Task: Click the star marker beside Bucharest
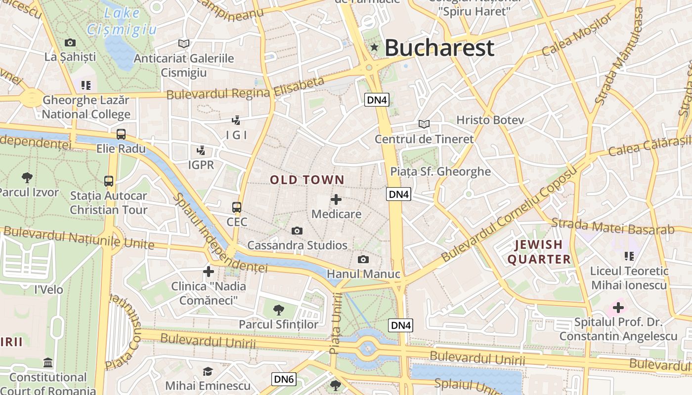[374, 47]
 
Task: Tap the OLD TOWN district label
[307, 180]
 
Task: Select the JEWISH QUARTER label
[539, 252]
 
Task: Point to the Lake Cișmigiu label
[122, 22]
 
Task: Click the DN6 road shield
[284, 379]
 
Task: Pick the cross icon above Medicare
[336, 199]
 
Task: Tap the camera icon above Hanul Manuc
[363, 259]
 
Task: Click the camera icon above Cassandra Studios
[297, 231]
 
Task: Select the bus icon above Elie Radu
[121, 134]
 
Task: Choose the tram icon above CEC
[237, 207]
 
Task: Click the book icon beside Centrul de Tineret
[424, 124]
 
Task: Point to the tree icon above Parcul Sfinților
[279, 310]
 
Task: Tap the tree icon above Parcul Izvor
[27, 177]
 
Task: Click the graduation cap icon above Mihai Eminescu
[208, 371]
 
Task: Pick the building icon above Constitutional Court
[48, 363]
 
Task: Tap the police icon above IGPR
[201, 150]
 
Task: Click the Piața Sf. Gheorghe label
[440, 172]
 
